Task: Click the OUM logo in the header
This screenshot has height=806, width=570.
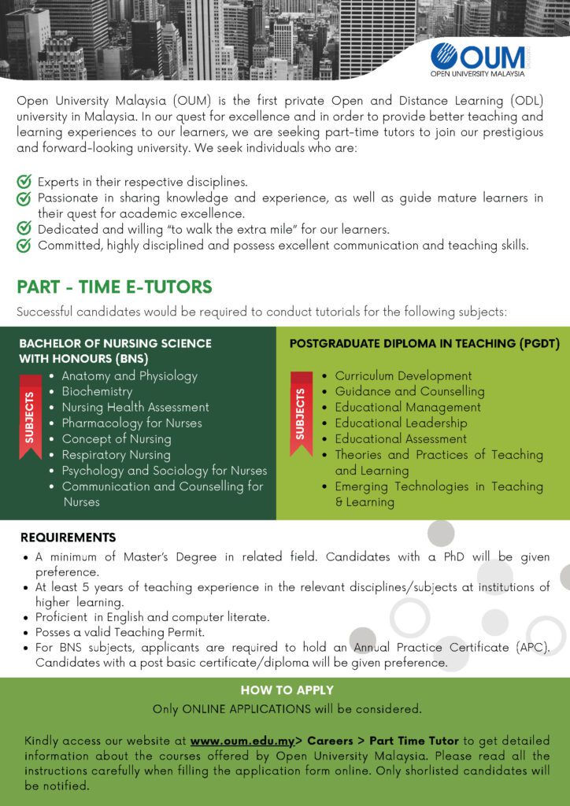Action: point(478,60)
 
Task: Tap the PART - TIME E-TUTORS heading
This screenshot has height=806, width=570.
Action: point(114,287)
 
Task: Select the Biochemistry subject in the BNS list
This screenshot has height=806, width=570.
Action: point(97,391)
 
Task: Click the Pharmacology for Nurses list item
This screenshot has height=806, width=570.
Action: point(131,423)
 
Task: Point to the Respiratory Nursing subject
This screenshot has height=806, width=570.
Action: point(116,455)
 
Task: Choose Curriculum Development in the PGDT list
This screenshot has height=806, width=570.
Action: point(403,375)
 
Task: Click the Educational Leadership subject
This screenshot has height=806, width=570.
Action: point(401,423)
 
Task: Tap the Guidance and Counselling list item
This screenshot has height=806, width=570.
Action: point(409,391)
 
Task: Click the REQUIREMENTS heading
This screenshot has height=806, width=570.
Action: point(68,538)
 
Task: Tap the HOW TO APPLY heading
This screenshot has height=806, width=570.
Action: point(287,690)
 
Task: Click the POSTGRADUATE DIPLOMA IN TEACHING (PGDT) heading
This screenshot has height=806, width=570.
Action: point(424,343)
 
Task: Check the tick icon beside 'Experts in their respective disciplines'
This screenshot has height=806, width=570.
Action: point(24,182)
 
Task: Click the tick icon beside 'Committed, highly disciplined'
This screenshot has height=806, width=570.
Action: point(24,246)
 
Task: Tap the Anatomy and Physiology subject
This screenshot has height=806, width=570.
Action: point(129,375)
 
